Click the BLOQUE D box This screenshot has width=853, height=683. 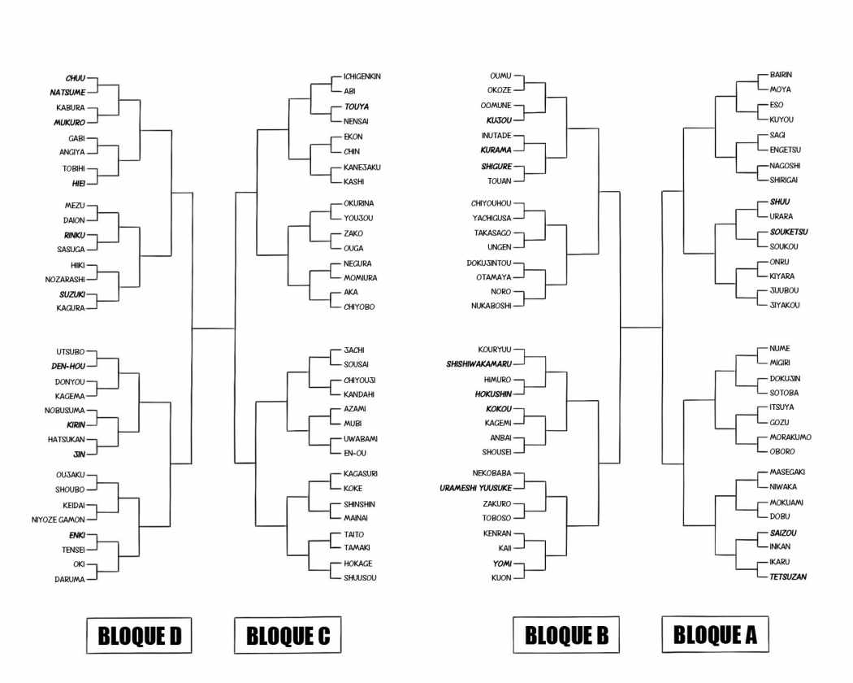138,636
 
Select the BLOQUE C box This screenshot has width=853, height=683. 288,636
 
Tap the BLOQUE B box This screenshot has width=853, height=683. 566,635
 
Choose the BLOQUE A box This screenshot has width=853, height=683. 715,634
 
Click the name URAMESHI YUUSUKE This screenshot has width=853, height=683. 477,488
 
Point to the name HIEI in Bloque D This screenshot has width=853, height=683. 78,183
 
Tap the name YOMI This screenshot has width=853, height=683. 501,563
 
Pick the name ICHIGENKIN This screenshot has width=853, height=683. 362,76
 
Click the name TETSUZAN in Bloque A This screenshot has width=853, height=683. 788,576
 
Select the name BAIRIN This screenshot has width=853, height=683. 780,74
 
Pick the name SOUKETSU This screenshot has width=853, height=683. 789,232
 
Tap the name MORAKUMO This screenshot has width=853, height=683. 790,437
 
